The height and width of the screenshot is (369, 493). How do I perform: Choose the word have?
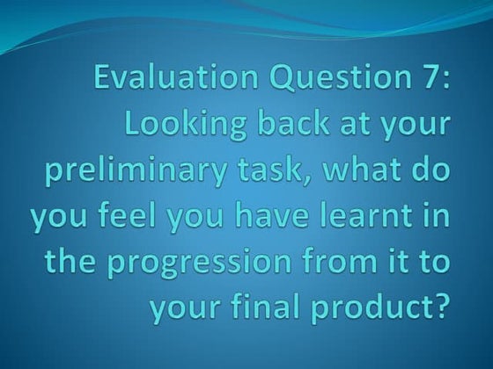coord(253,218)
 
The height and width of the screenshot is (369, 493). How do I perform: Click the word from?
coord(340,264)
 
